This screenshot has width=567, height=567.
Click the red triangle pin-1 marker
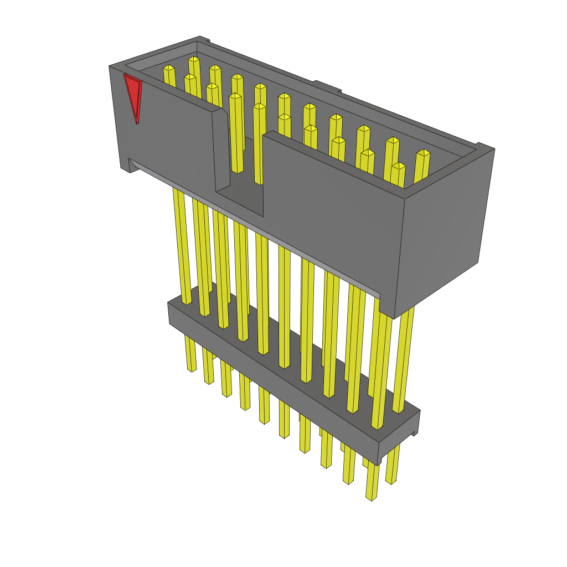click(133, 94)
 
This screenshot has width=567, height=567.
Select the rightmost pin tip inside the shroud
click(423, 153)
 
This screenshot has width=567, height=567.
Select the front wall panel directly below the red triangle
click(166, 138)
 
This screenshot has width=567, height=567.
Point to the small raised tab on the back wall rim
click(327, 86)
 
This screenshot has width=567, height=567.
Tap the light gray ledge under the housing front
click(255, 227)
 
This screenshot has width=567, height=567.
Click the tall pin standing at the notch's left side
click(235, 133)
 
